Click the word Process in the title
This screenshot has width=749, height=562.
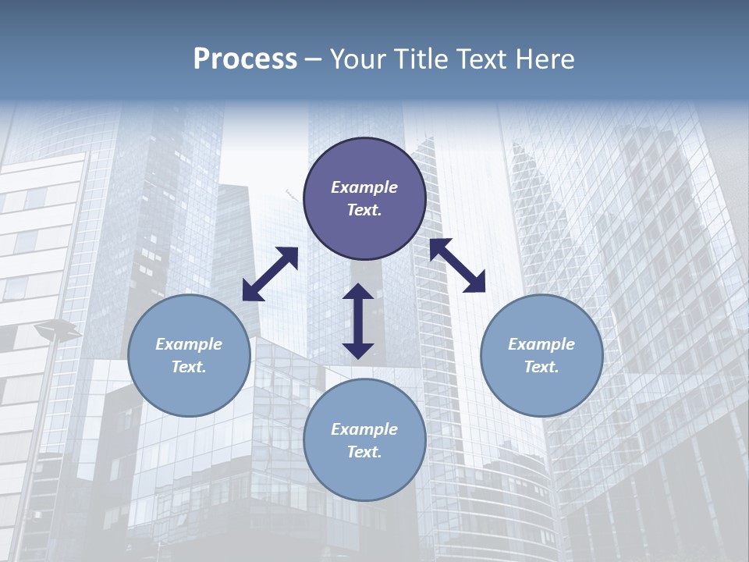click(x=245, y=59)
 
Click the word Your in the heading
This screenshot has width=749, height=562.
click(x=355, y=59)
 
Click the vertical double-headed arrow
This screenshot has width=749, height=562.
click(x=358, y=321)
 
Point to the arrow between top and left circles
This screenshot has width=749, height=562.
click(x=270, y=274)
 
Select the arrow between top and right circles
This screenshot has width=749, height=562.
click(x=457, y=265)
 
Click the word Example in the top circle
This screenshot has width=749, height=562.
click(x=364, y=187)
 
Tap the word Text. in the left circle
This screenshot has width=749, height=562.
click(x=189, y=367)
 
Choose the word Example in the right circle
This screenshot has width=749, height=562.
click(x=541, y=344)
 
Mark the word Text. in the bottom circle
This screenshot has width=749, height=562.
click(x=364, y=452)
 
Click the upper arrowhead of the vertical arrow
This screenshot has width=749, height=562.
click(x=358, y=293)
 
